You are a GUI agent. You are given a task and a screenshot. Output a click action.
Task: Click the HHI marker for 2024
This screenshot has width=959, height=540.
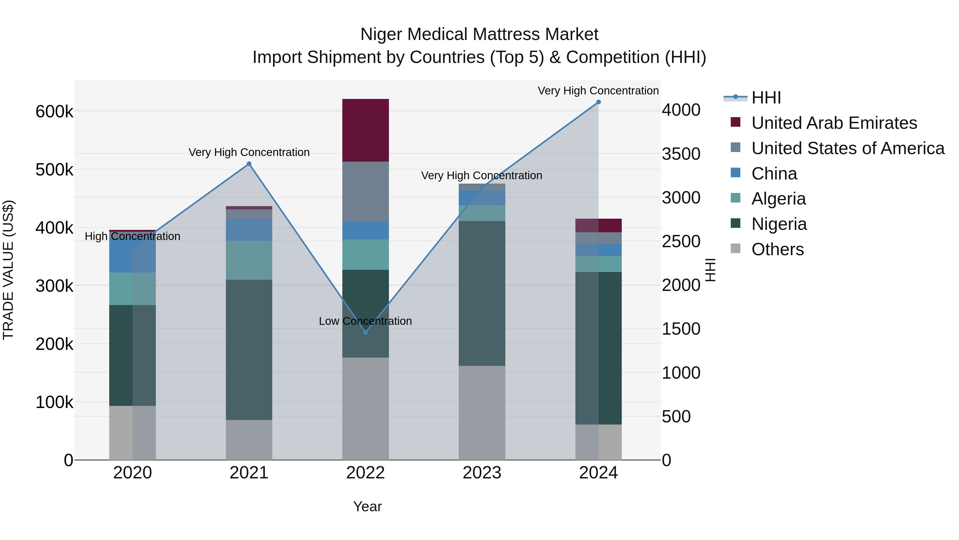[598, 102]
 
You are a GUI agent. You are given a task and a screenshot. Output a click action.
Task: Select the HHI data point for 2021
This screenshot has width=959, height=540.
[249, 164]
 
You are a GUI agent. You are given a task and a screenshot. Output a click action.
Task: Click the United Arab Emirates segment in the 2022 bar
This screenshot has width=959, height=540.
[365, 130]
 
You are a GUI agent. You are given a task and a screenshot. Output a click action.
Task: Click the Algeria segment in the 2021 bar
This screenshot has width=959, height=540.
[249, 260]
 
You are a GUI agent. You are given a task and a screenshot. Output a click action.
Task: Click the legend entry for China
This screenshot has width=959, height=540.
[774, 174]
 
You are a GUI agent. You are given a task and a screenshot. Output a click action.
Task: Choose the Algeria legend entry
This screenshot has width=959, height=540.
[778, 199]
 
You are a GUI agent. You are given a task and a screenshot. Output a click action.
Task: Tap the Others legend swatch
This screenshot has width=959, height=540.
[735, 249]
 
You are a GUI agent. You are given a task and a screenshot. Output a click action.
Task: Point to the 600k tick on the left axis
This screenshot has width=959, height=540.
[54, 111]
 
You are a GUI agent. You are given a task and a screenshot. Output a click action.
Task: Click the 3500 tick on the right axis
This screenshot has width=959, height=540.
[681, 154]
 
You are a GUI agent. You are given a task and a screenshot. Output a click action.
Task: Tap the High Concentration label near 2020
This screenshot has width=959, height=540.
[133, 236]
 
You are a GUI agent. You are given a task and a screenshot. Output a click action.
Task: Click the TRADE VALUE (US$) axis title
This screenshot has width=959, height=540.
[8, 270]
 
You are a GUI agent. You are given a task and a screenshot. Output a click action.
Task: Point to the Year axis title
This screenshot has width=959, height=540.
[367, 506]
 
